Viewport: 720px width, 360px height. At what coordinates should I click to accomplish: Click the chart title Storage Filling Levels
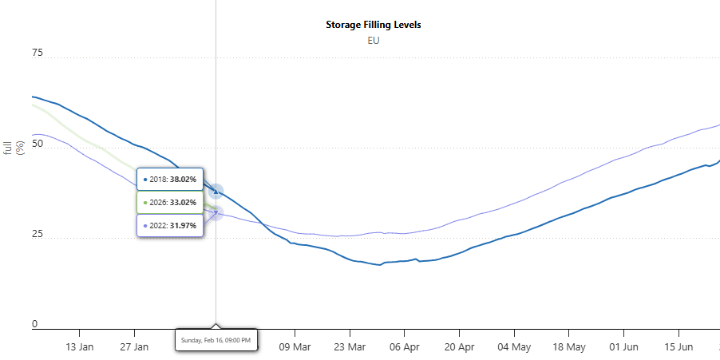coord(373,25)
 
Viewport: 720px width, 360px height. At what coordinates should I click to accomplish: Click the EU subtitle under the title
coord(373,41)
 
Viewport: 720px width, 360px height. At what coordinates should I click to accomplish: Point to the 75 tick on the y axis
coord(38,53)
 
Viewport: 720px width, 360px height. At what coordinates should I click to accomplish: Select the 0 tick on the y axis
coord(35,324)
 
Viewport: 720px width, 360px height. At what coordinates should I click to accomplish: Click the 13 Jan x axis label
coord(80,347)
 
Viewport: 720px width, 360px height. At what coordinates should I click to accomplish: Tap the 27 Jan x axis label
coord(134,347)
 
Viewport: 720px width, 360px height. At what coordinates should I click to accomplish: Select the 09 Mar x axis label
coord(295,347)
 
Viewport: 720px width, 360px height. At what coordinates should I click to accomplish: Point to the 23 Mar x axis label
coord(350,347)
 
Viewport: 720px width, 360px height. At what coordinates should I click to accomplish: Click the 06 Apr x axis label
coord(405,347)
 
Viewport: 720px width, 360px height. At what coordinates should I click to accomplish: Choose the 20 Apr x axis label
coord(459,347)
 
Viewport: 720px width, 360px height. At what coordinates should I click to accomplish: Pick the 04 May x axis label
coord(514,347)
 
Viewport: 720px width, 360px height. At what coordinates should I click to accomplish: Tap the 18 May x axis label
coord(568,347)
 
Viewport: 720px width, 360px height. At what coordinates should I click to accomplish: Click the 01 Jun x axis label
coord(623,347)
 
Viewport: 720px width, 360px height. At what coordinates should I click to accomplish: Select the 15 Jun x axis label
coord(678,347)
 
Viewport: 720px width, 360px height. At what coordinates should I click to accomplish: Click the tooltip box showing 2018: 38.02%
coord(170,180)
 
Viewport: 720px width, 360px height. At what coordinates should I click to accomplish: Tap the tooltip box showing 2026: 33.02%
coord(170,203)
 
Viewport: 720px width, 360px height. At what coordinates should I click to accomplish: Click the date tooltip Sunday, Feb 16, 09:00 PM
coord(216,340)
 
